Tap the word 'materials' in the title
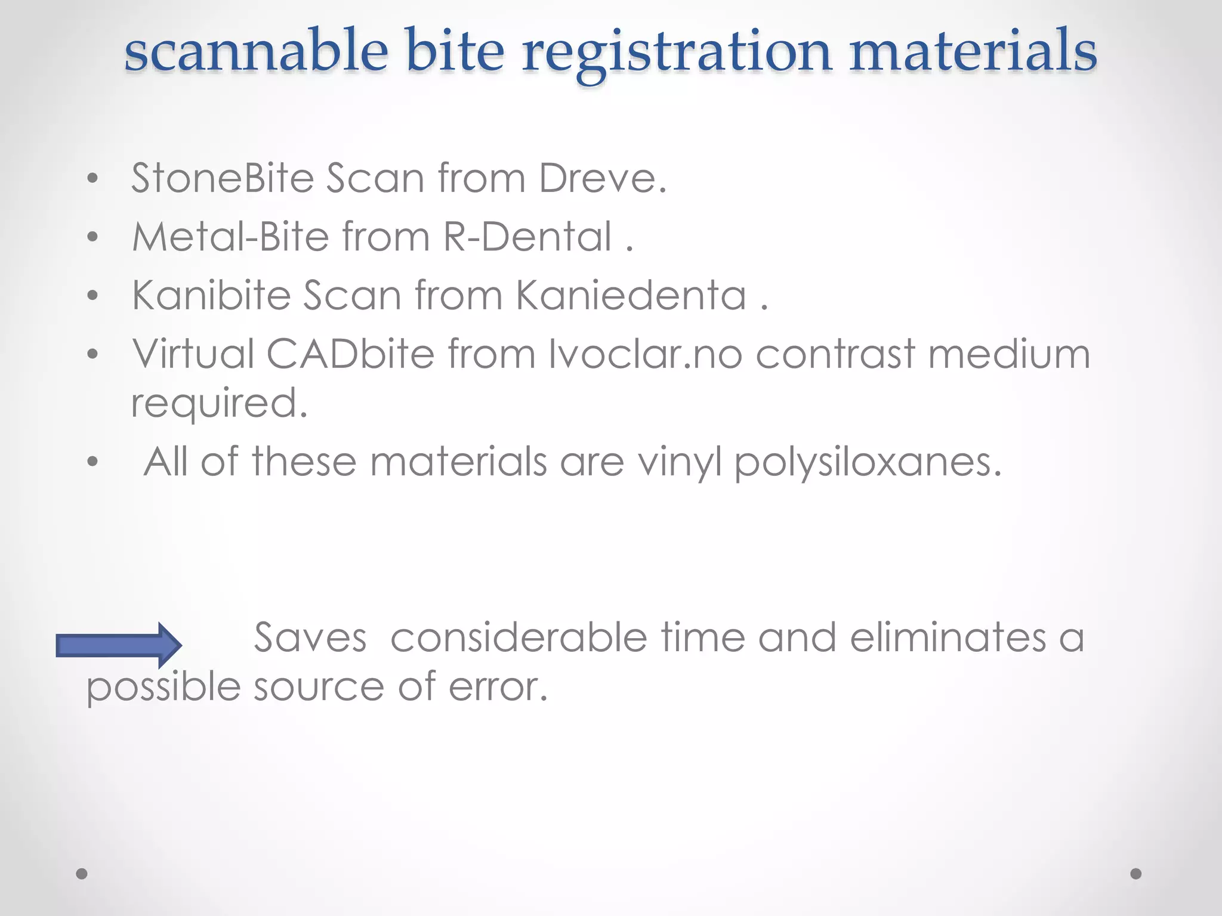pyautogui.click(x=973, y=51)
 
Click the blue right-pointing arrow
pyautogui.click(x=119, y=645)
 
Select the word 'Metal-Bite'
pyautogui.click(x=230, y=236)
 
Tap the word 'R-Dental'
pyautogui.click(x=527, y=236)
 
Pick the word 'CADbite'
pyautogui.click(x=350, y=354)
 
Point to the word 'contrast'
pyautogui.click(x=835, y=354)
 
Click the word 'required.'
pyautogui.click(x=219, y=404)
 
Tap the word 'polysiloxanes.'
pyautogui.click(x=868, y=462)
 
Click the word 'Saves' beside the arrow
pyautogui.click(x=310, y=638)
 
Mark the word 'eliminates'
pyautogui.click(x=948, y=638)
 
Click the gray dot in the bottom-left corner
pyautogui.click(x=82, y=874)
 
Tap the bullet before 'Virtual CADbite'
pyautogui.click(x=92, y=354)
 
